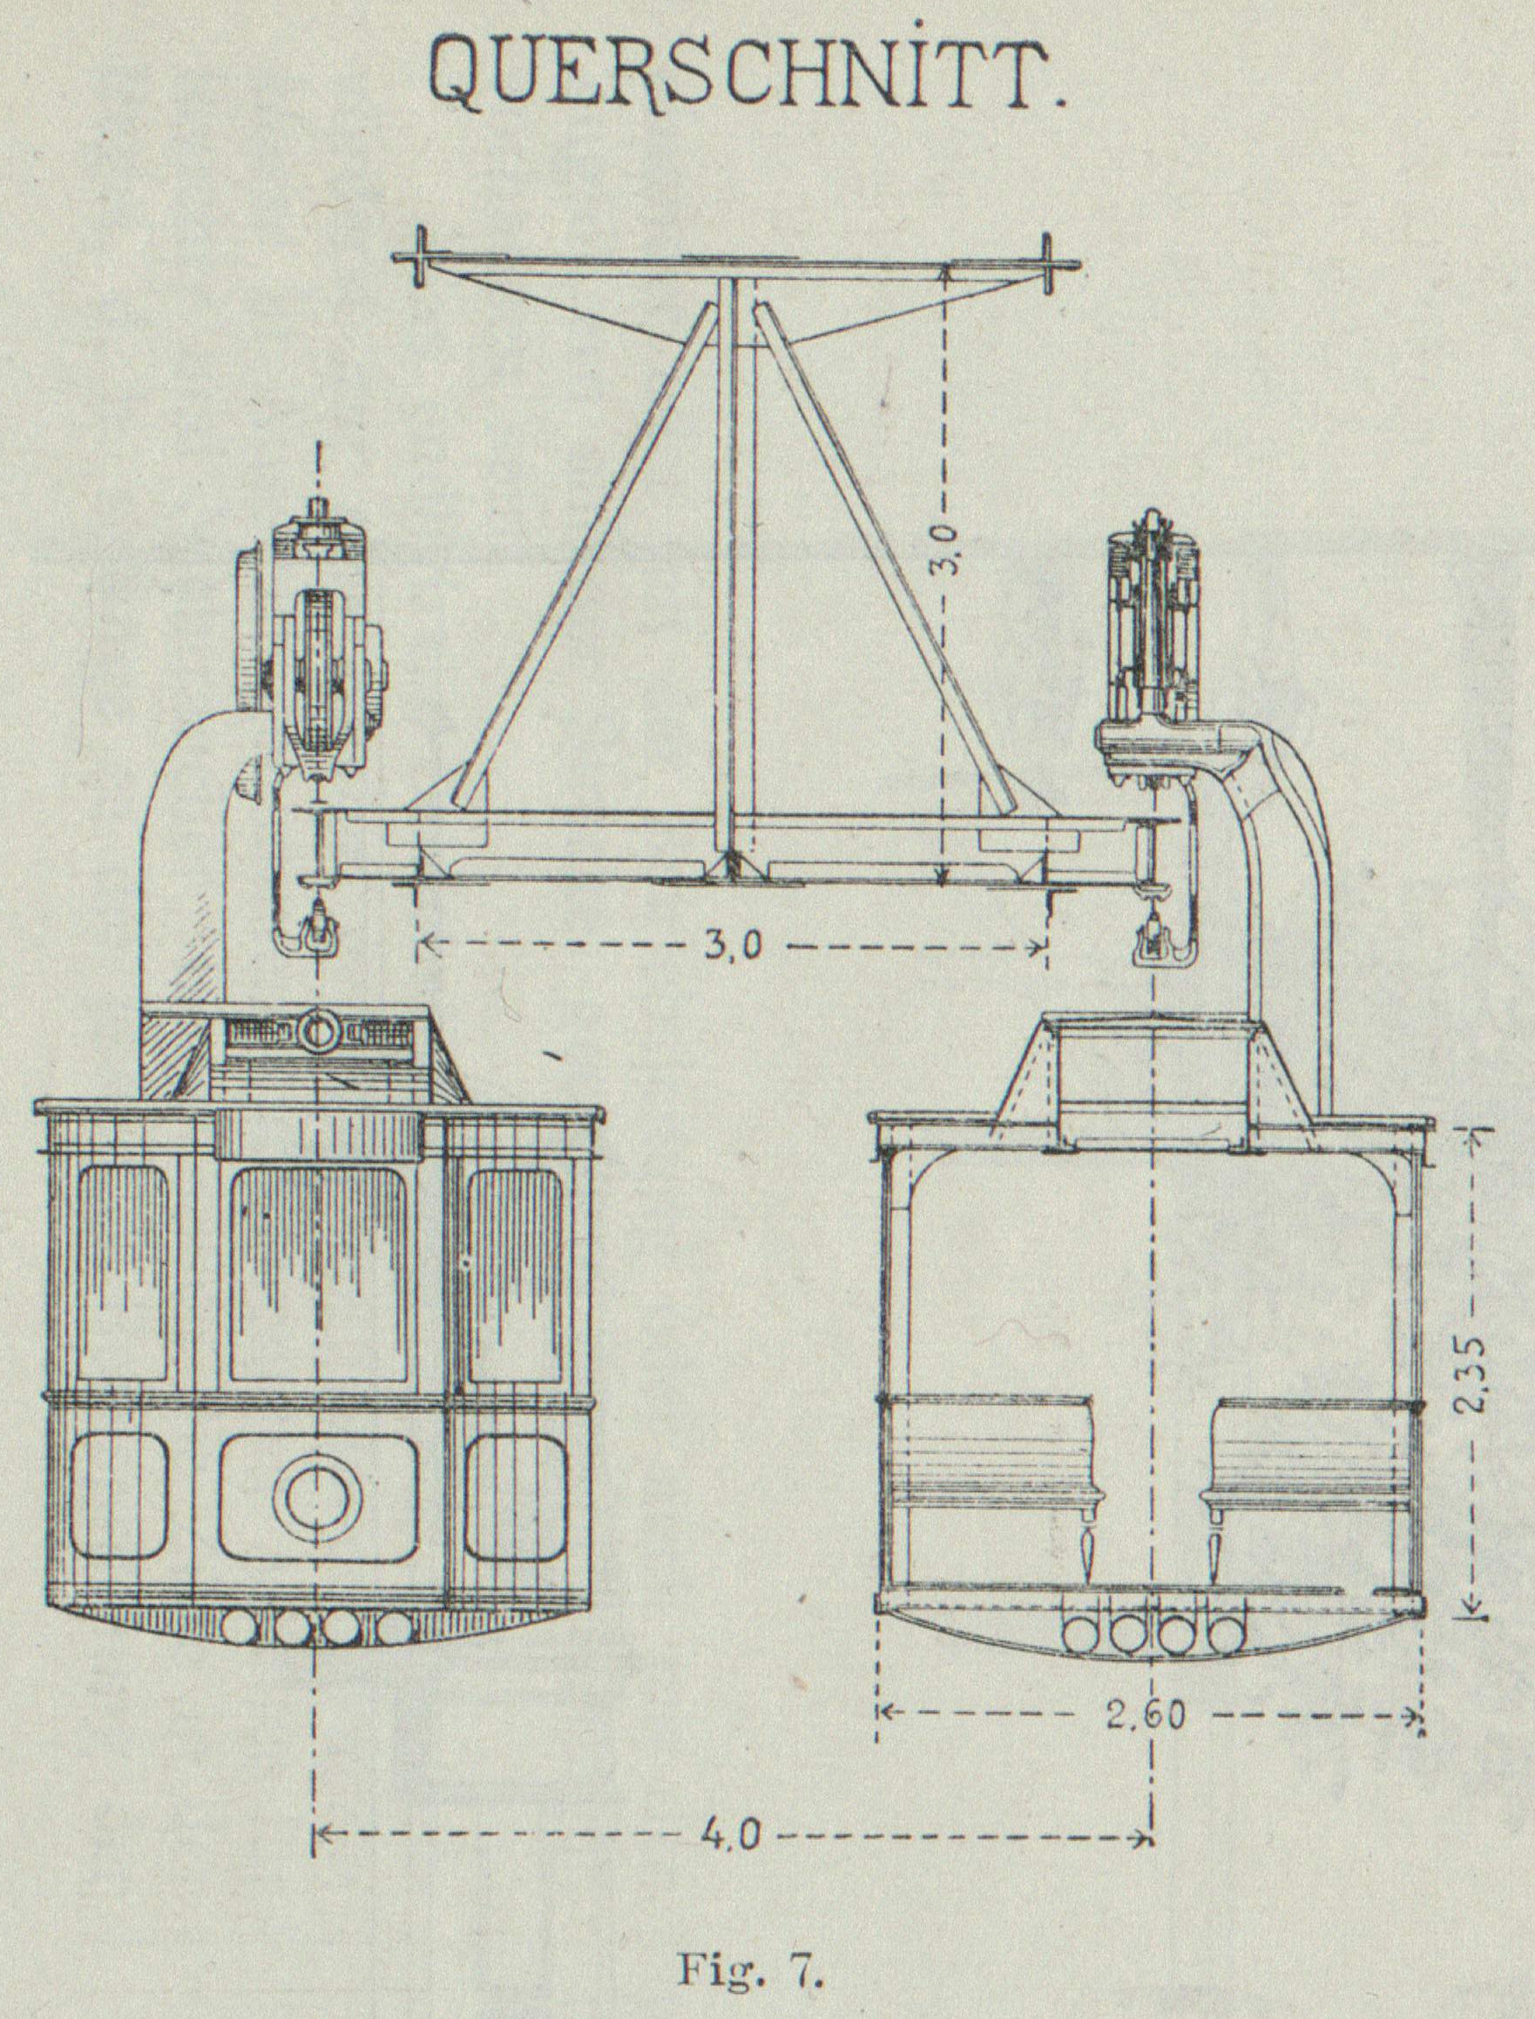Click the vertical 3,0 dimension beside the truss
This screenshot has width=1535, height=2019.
(948, 548)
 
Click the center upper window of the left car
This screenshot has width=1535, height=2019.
(317, 1274)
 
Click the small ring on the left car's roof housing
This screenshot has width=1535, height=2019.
(317, 1030)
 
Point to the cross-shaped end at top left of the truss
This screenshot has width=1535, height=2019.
(416, 258)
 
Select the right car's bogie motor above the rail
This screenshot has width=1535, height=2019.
(1153, 631)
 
